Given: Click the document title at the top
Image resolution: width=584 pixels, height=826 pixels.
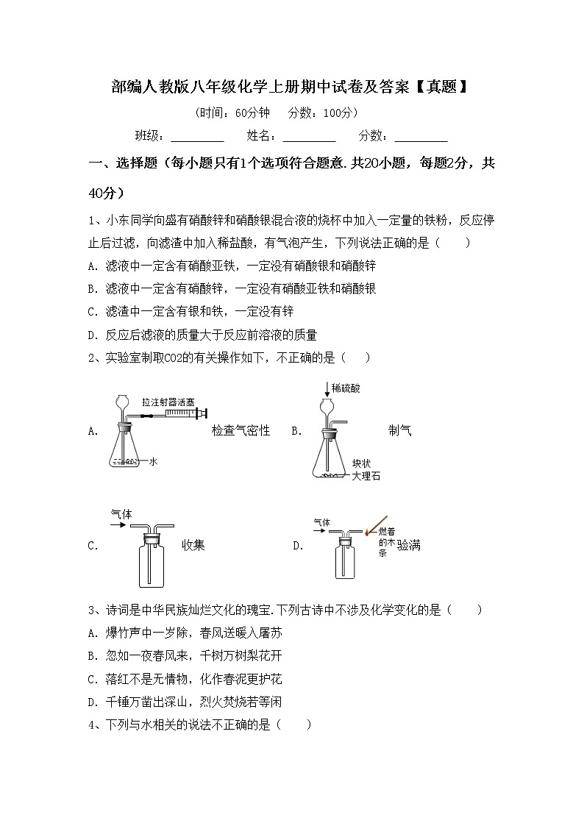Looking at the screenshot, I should (x=291, y=88).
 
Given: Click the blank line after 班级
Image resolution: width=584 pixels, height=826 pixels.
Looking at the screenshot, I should (x=197, y=138).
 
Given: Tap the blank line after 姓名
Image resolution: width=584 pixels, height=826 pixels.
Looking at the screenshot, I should (x=309, y=138).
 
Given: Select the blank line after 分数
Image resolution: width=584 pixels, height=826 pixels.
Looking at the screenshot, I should (x=421, y=138).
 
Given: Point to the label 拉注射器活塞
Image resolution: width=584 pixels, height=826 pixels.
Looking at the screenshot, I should (x=168, y=402).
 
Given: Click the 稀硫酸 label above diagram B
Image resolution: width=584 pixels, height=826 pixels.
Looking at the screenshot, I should (x=346, y=388).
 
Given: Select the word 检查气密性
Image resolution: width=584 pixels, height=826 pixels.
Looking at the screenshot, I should (x=241, y=431).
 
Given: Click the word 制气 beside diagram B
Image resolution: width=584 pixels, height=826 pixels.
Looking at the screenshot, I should (x=399, y=431).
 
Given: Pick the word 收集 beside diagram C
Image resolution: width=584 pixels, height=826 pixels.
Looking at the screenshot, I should (x=193, y=545).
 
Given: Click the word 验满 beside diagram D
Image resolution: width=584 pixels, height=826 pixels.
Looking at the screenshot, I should (x=409, y=545).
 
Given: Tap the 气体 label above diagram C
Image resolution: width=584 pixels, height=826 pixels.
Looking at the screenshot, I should (x=121, y=515).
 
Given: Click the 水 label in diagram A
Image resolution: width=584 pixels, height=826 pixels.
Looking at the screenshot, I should (x=153, y=461).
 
